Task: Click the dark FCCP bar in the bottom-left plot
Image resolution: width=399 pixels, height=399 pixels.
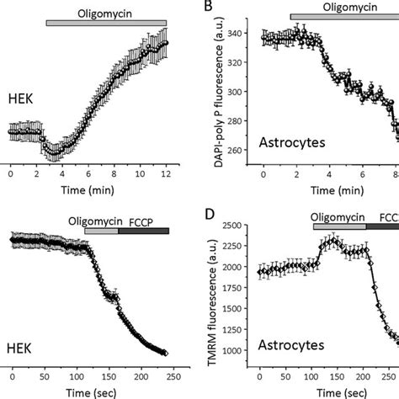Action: pyautogui.click(x=143, y=230)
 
